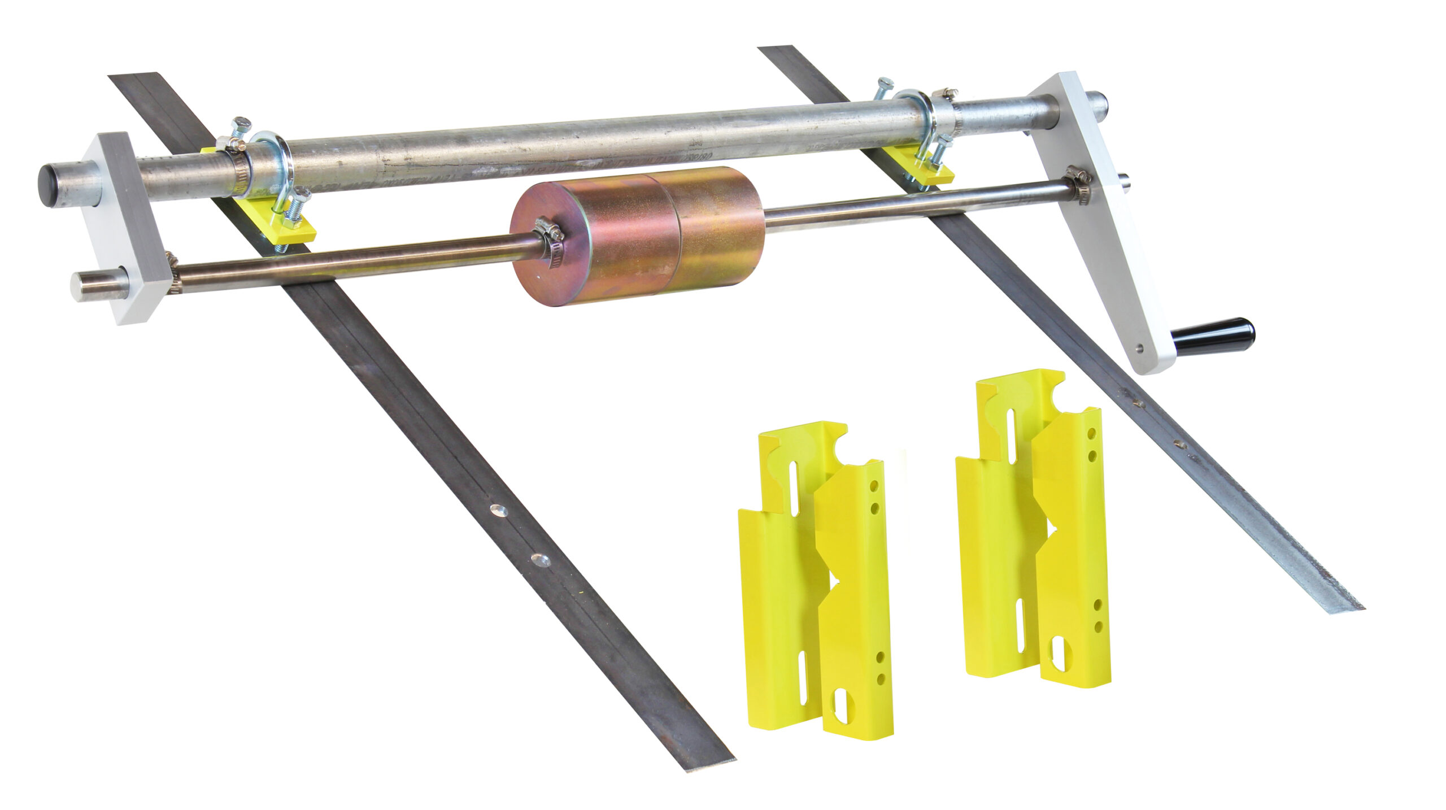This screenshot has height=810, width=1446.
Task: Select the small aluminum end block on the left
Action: click(x=127, y=226)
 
